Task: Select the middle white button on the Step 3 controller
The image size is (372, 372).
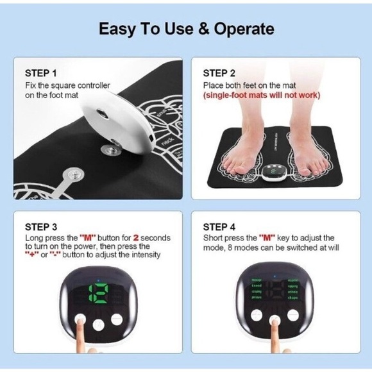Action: [97, 325]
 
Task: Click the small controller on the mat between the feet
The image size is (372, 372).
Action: [276, 172]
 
